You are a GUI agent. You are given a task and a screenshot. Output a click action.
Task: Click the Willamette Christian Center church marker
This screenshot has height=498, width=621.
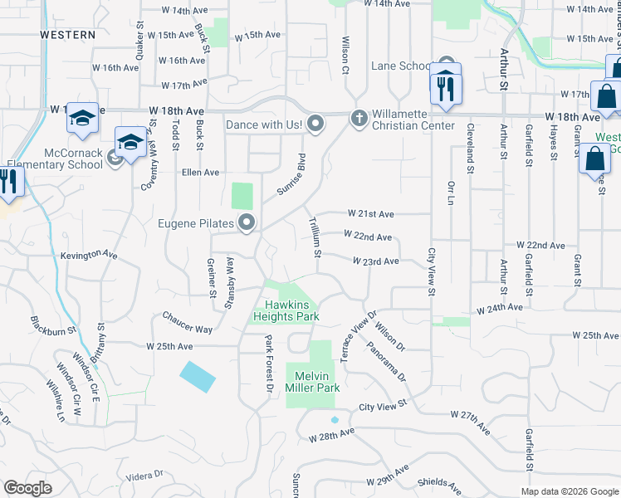tap(359, 119)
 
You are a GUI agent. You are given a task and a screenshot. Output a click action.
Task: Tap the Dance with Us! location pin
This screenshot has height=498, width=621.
tap(315, 124)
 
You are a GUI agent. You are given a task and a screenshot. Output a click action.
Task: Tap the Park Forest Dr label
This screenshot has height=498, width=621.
tap(269, 363)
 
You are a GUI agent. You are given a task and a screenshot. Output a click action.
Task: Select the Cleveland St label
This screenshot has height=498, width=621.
tap(470, 148)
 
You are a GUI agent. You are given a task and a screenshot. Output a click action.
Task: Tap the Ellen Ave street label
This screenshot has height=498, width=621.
tap(200, 173)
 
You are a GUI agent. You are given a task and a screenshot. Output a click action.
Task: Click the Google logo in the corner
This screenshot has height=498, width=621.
tap(28, 488)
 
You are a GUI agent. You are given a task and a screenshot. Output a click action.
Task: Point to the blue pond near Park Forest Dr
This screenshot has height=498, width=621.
tap(198, 377)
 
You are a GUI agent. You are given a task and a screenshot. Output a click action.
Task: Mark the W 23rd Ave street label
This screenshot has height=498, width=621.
tap(376, 261)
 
